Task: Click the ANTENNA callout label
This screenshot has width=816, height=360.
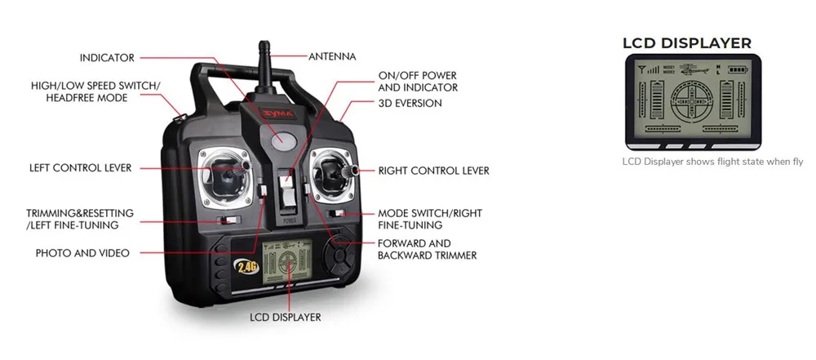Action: tap(332, 56)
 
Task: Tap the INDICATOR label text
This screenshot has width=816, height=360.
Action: tap(107, 58)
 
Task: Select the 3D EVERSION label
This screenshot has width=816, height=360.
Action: tap(410, 104)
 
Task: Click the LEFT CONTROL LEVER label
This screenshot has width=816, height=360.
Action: tap(80, 168)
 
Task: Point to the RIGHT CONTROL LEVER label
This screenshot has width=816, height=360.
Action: tap(433, 171)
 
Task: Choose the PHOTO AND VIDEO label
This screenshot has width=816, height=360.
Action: tap(82, 253)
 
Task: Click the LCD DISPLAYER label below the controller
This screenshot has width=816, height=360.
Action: tap(285, 317)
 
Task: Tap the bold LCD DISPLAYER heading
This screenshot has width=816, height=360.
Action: tap(686, 43)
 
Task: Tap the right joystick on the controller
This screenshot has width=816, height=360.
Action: tap(334, 173)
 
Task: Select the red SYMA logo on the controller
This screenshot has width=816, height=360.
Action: tap(279, 115)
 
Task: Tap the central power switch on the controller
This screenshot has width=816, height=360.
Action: tap(286, 192)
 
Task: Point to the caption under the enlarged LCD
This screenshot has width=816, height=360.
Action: tap(712, 162)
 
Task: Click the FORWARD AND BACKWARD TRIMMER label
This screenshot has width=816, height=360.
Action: tap(427, 249)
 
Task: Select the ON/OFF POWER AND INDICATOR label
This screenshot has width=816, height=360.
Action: tap(418, 81)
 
